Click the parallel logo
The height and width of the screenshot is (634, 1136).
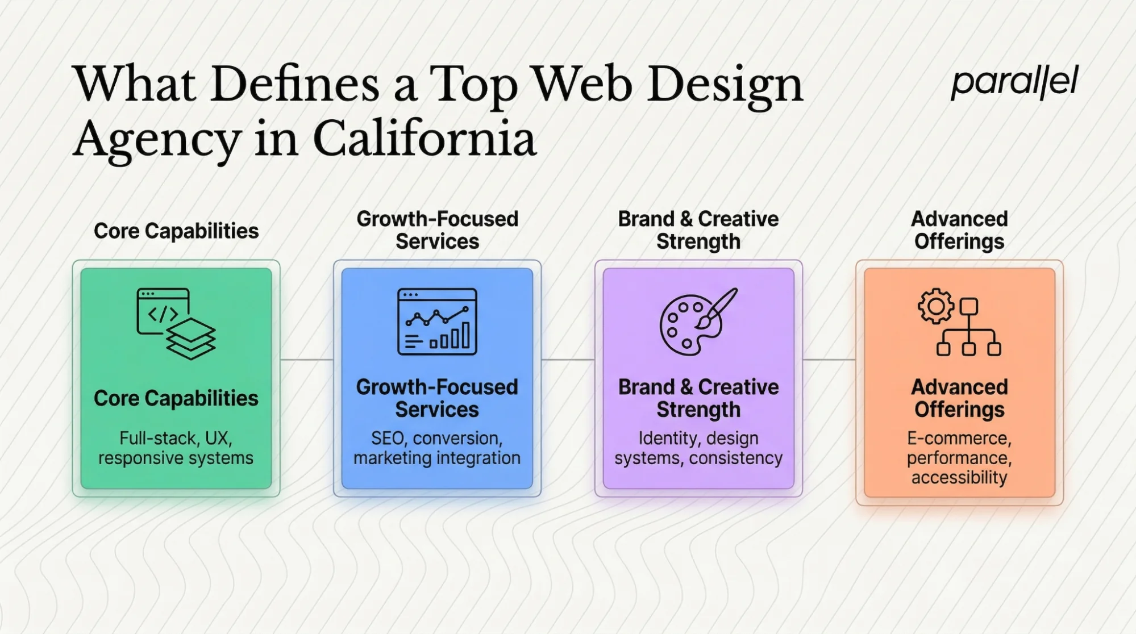pos(1014,83)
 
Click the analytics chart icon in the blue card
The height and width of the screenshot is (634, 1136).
pos(436,322)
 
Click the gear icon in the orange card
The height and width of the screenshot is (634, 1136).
pos(935,306)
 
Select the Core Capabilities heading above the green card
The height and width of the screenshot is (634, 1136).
pos(176,231)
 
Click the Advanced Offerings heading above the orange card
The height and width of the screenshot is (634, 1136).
pos(959,230)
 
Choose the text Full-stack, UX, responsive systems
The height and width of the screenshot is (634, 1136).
pos(176,448)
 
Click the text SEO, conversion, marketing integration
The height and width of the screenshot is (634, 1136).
pos(436,448)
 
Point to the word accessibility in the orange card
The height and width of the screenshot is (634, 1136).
pos(959,477)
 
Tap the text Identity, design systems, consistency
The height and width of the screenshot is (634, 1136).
pos(698,448)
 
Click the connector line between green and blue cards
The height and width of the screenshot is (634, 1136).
pos(306,360)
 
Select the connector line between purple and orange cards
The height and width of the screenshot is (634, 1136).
pos(829,360)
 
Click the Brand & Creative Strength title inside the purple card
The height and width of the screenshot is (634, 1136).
pos(698,398)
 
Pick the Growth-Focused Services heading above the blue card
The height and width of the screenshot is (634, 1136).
pos(436,230)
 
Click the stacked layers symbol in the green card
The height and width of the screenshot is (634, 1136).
pos(191,339)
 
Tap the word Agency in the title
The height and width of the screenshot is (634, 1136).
pos(156,140)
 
